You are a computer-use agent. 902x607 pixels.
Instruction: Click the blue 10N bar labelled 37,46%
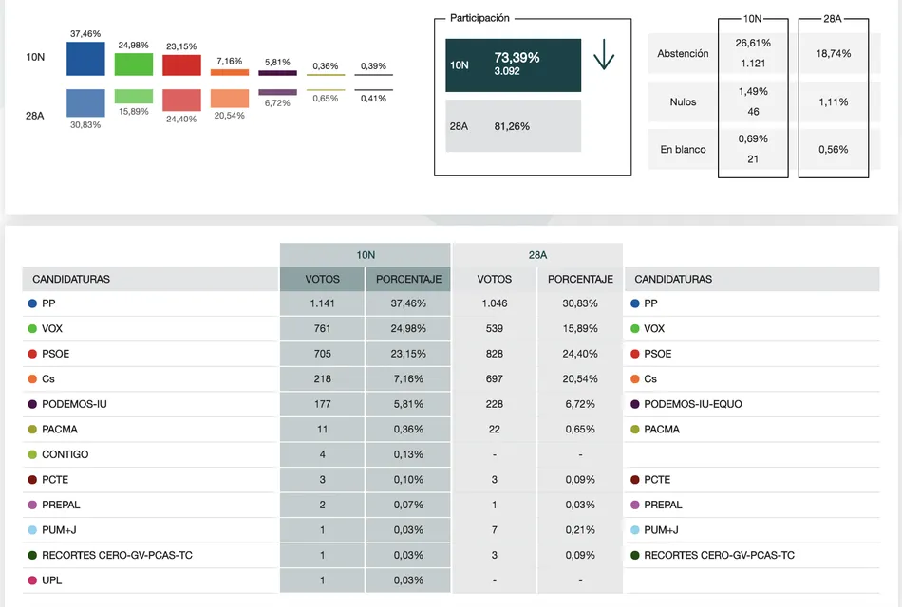click(85, 59)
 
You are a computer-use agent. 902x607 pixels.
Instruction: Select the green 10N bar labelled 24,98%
click(134, 64)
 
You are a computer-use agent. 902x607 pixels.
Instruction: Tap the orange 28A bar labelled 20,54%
click(230, 99)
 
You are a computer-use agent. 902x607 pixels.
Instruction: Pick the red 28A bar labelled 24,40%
click(181, 101)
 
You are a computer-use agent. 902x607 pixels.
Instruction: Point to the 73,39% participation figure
click(517, 58)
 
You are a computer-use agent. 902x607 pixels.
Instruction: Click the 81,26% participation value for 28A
click(512, 126)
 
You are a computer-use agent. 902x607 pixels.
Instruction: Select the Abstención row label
click(683, 54)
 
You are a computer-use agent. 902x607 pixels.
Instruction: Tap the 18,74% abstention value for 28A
click(833, 54)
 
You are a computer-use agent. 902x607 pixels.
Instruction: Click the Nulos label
click(683, 101)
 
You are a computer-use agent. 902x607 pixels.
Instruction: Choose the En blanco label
click(683, 150)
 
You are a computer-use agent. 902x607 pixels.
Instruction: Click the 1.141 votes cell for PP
click(322, 303)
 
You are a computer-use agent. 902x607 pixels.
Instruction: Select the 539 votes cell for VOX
click(495, 329)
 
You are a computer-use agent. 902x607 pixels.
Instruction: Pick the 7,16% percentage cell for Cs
click(408, 379)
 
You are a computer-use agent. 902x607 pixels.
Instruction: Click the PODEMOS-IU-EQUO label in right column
click(693, 404)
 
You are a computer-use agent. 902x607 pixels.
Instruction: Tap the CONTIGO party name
click(66, 454)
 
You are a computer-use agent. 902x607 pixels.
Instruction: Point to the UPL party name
click(52, 580)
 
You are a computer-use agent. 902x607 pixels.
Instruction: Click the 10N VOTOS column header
click(322, 279)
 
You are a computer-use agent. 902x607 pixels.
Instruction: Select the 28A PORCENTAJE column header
click(580, 279)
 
